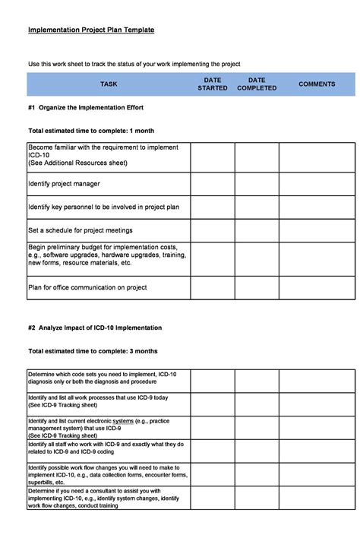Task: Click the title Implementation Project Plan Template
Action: pyautogui.click(x=91, y=30)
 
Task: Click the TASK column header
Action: pyautogui.click(x=109, y=84)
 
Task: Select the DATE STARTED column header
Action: pyautogui.click(x=213, y=84)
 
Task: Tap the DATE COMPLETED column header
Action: pyautogui.click(x=257, y=84)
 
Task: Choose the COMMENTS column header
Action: pyautogui.click(x=317, y=84)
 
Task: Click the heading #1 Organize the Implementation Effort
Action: pyautogui.click(x=86, y=107)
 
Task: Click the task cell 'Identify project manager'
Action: pyautogui.click(x=65, y=184)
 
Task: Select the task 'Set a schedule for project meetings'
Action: pyautogui.click(x=81, y=230)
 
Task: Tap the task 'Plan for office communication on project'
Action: pyautogui.click(x=88, y=287)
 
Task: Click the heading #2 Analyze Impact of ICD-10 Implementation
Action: pyautogui.click(x=95, y=328)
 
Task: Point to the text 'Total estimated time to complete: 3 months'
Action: pyautogui.click(x=93, y=351)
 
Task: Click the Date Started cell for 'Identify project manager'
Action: pyautogui.click(x=212, y=184)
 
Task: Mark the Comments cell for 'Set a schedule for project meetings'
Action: pyautogui.click(x=317, y=230)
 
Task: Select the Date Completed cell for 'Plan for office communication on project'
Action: pyautogui.click(x=256, y=287)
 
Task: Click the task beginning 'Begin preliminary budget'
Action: pyautogui.click(x=107, y=255)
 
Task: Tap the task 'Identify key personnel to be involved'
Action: pyautogui.click(x=104, y=207)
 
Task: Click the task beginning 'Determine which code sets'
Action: pyautogui.click(x=103, y=378)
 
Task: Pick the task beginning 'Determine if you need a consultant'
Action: pyautogui.click(x=103, y=497)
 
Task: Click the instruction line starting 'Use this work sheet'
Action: pyautogui.click(x=134, y=64)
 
